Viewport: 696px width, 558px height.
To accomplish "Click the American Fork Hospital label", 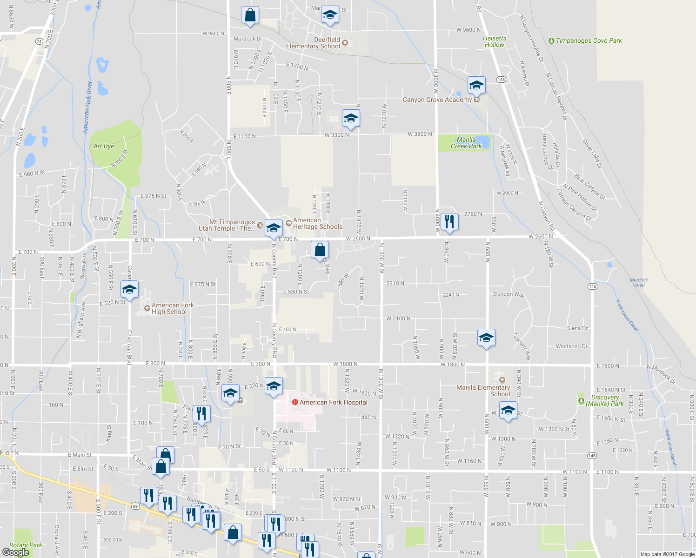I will click(x=333, y=402).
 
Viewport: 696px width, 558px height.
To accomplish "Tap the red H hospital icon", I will click(x=294, y=402).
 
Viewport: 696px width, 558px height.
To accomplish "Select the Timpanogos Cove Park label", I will click(x=589, y=40).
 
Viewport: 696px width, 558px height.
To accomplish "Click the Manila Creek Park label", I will click(x=466, y=143).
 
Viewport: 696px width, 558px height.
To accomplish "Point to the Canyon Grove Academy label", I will click(x=437, y=100).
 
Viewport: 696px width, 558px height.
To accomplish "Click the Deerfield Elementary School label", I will click(x=313, y=43).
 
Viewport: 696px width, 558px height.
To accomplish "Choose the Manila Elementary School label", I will click(x=483, y=391).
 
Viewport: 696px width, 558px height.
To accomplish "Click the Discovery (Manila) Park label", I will click(x=605, y=400).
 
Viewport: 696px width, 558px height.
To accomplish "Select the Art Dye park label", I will click(x=104, y=146).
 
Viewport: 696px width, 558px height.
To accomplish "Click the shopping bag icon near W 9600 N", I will click(x=250, y=15).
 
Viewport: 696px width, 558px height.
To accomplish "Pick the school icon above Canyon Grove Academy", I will click(x=476, y=85).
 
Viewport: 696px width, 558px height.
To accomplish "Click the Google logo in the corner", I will click(x=16, y=552).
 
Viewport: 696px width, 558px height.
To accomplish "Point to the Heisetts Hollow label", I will click(x=495, y=41).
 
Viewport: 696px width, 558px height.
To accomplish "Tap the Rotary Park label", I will click(x=26, y=545).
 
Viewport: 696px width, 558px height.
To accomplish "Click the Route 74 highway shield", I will click(x=39, y=41).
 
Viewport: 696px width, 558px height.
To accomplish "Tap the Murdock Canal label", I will click(x=639, y=282).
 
